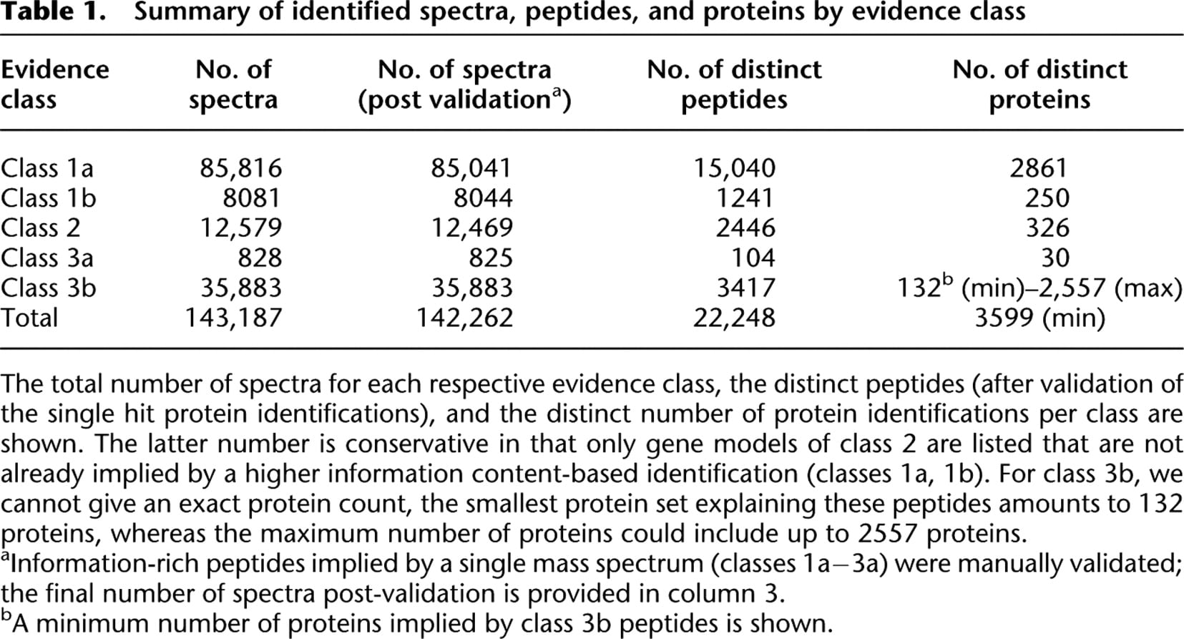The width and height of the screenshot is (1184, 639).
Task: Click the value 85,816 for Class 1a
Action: click(240, 168)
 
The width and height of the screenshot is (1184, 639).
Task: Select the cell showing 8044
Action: click(483, 198)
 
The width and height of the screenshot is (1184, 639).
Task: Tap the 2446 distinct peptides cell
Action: click(746, 228)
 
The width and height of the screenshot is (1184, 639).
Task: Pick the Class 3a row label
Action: click(47, 258)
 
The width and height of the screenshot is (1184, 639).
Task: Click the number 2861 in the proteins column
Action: click(1039, 168)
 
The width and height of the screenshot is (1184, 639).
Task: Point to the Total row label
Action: click(29, 318)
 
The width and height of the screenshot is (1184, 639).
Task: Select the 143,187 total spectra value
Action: click(233, 318)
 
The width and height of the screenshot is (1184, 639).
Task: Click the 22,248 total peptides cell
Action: click(734, 318)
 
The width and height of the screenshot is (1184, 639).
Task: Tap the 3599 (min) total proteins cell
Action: click(1039, 318)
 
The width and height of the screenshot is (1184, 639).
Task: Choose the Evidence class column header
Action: click(55, 84)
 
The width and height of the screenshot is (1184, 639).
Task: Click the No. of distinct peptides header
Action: click(734, 84)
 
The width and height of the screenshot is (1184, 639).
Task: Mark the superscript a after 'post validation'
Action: click(556, 92)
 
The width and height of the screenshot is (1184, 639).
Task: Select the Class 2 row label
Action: click(40, 228)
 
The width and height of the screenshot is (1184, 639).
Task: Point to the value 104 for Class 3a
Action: click(753, 258)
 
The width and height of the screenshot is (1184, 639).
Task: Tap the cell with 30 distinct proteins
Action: click(1055, 258)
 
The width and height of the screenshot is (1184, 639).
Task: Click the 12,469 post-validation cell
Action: click(472, 228)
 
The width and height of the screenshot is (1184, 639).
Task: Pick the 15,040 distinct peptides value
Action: click(734, 168)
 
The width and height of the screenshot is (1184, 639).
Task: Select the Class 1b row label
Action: click(48, 198)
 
